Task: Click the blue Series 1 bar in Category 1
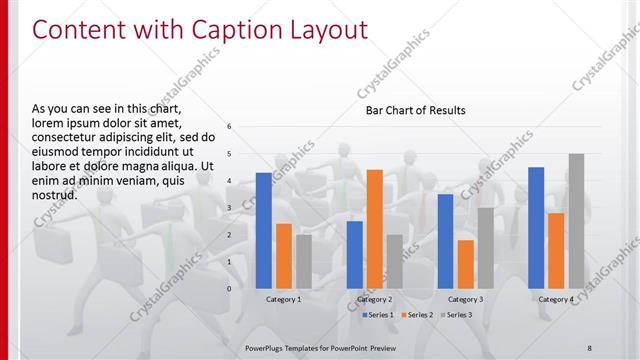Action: coord(264,230)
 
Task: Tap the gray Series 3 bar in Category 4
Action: coord(576,221)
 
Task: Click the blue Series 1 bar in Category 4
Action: coord(536,227)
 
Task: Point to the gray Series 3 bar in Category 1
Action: coord(304,261)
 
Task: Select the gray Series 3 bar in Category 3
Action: coord(485,248)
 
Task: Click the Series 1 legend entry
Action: coord(377,315)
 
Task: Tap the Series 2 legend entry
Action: coord(417,315)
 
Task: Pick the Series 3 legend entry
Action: coord(457,315)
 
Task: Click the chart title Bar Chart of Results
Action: coord(415,110)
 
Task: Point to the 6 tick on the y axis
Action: coord(230,127)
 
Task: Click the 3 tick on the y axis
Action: coord(230,208)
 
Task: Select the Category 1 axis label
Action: coord(284,299)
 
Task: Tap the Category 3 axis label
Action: coord(465,299)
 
